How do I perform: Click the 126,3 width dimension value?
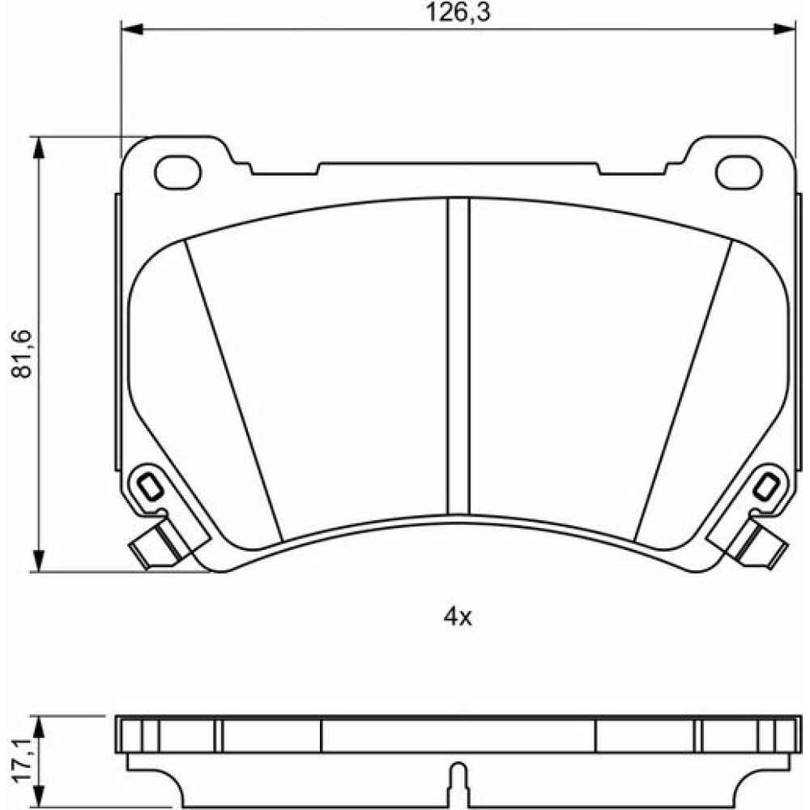[458, 12]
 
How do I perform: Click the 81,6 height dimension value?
[22, 354]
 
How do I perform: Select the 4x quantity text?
[458, 616]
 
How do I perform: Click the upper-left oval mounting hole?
[177, 173]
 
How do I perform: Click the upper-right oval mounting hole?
[739, 173]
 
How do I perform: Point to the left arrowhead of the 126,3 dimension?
[131, 29]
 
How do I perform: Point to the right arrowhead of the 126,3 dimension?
[784, 29]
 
